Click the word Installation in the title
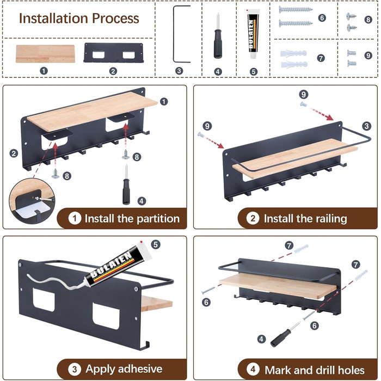tap(52, 19)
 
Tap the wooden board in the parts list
tap(45, 54)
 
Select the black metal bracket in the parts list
tap(113, 53)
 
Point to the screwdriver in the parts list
tap(218, 36)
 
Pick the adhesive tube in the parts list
tap(253, 34)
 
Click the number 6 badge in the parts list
tap(322, 18)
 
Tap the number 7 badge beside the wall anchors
tap(321, 58)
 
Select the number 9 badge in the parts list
tap(368, 56)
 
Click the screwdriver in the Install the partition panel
tap(126, 185)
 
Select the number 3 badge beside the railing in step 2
tap(366, 126)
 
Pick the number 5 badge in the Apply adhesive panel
tap(156, 244)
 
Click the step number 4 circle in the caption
tap(253, 370)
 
